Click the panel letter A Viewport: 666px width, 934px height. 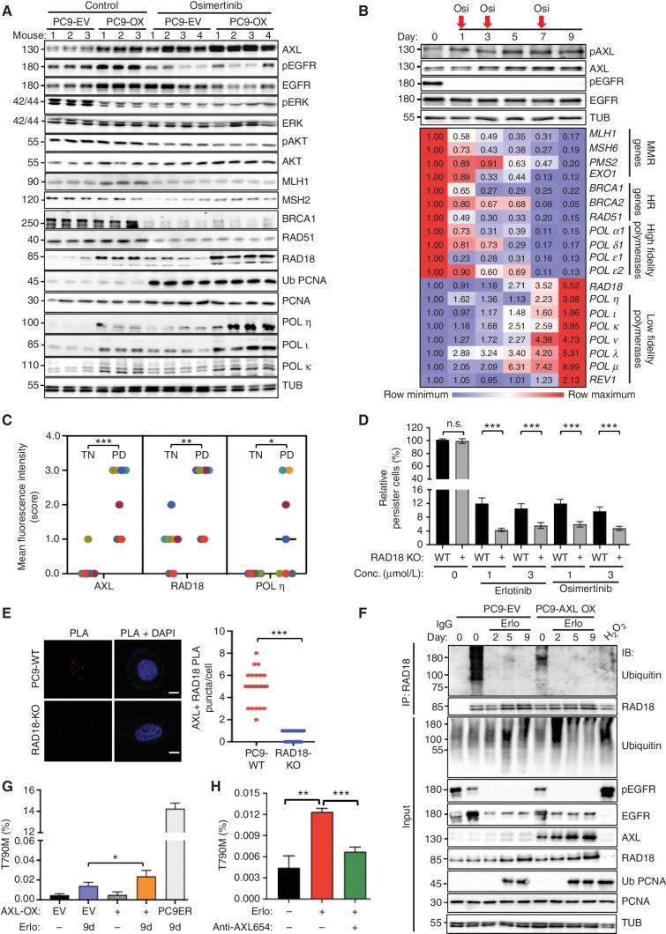click(x=9, y=9)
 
